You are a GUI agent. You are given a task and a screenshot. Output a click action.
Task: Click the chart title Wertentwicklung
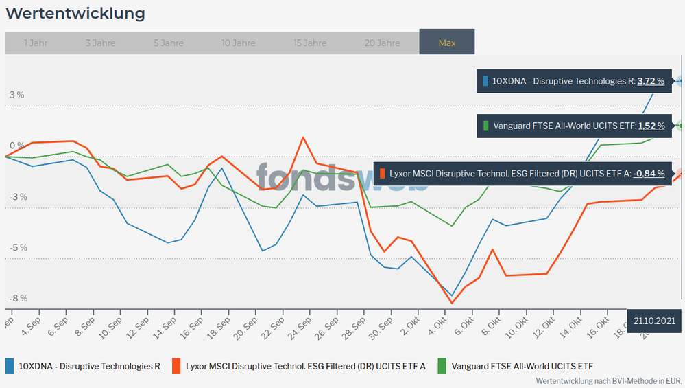tap(75, 14)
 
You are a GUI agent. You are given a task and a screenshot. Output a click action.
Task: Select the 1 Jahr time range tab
tap(36, 43)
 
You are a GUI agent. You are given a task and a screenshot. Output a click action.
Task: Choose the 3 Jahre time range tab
tap(101, 43)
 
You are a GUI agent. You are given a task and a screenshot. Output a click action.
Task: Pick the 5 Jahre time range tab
tap(169, 43)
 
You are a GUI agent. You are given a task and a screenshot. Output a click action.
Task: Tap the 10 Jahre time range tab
tap(239, 43)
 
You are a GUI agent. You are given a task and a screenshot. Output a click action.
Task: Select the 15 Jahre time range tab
tap(310, 43)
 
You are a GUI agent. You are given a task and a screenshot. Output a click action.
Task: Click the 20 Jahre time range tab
tap(382, 43)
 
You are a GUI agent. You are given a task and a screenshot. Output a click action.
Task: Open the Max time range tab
tap(447, 43)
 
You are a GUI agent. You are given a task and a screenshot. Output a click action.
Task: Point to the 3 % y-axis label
tap(16, 95)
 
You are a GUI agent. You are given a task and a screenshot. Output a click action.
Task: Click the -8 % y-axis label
tap(18, 298)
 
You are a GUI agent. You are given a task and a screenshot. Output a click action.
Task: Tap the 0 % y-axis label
tap(16, 146)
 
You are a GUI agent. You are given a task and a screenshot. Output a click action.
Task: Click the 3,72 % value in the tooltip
tap(651, 81)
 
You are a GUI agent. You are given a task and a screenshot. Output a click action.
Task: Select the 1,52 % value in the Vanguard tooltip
tap(651, 126)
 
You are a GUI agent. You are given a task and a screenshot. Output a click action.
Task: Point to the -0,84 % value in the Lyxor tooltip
tap(649, 174)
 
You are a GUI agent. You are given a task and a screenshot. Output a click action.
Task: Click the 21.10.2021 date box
tap(655, 321)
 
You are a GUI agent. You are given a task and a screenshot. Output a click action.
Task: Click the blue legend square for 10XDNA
tap(10, 366)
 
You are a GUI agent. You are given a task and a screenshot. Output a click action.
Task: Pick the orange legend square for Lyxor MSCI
tap(177, 366)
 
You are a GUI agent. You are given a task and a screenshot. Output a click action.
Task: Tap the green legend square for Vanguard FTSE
tap(442, 366)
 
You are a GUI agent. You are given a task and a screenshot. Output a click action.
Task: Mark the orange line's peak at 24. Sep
tap(303, 137)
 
